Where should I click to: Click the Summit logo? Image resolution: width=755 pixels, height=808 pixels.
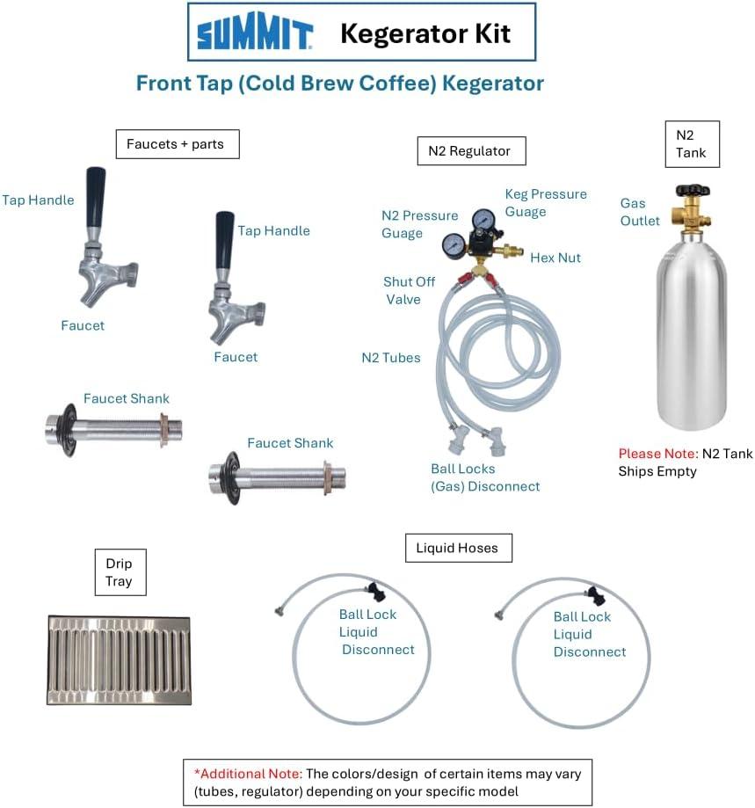click(255, 32)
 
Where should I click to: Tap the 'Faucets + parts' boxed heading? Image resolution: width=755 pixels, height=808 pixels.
click(178, 144)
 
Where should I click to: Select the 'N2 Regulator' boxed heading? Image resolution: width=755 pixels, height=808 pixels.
click(471, 151)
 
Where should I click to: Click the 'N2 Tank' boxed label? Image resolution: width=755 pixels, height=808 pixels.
click(693, 144)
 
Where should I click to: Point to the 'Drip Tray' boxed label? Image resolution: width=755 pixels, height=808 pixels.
click(120, 572)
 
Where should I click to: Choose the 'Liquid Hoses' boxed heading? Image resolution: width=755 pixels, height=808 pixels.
click(458, 548)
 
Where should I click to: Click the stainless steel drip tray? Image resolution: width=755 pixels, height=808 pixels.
click(119, 659)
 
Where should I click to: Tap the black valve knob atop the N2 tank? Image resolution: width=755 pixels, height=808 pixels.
click(693, 190)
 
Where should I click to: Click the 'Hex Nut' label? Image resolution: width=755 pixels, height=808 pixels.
click(555, 258)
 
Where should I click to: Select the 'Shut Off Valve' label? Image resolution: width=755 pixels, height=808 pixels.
click(409, 291)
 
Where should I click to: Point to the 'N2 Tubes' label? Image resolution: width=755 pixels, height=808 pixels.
click(391, 358)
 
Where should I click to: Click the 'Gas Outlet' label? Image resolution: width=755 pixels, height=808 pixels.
click(640, 212)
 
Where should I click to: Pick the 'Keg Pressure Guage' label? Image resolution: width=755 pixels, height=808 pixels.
click(546, 203)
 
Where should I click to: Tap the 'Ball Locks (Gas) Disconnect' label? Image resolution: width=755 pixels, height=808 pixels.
click(485, 477)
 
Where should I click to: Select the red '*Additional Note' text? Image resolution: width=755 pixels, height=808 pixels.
click(247, 774)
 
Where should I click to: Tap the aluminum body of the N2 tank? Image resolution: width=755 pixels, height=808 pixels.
click(692, 335)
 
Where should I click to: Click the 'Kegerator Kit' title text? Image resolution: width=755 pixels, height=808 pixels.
click(425, 33)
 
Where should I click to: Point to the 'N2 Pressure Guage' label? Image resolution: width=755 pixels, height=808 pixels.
click(420, 224)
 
